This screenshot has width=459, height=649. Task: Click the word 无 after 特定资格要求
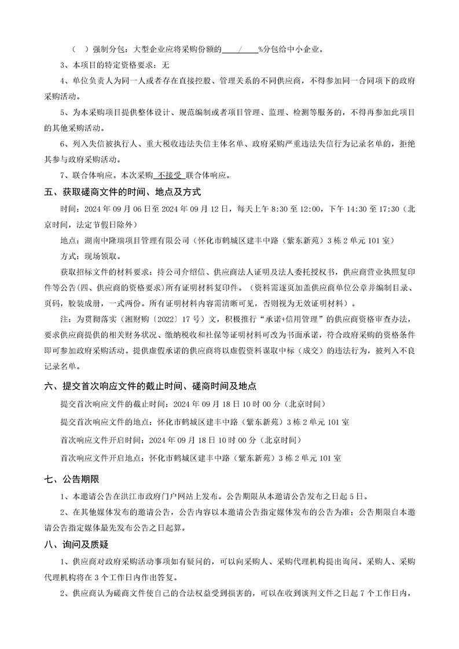coord(165,65)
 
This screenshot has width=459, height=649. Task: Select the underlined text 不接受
coord(167,175)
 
